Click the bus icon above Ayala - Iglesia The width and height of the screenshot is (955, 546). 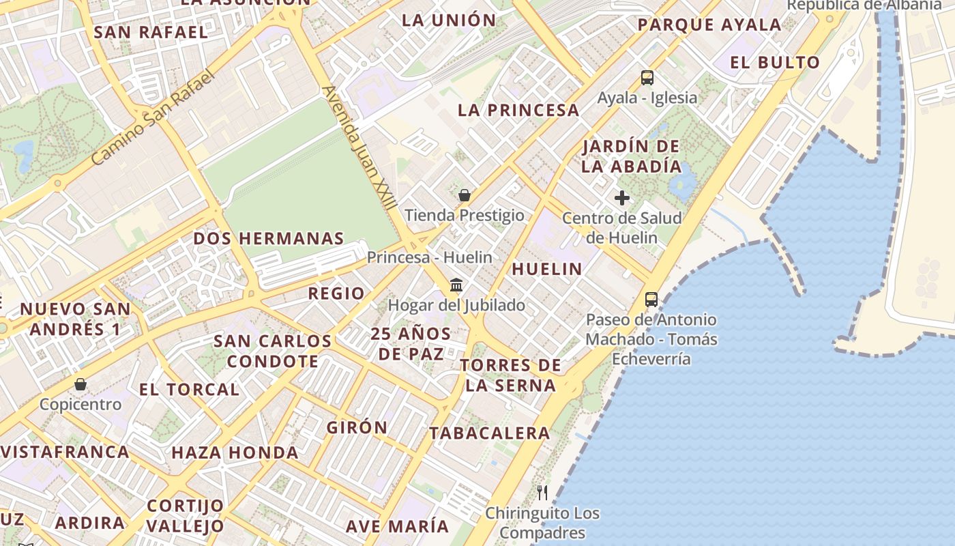tap(647, 78)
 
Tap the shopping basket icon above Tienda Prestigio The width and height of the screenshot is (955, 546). tap(465, 195)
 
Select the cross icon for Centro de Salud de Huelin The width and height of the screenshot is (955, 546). tap(622, 198)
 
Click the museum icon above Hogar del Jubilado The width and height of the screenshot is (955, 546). tap(456, 285)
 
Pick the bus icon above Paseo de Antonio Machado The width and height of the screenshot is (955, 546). tap(651, 299)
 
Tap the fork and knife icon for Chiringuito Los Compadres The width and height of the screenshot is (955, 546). tap(542, 493)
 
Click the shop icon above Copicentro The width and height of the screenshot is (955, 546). tap(80, 384)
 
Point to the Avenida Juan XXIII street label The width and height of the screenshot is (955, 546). tap(359, 146)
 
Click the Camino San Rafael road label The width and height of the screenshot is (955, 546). tap(153, 117)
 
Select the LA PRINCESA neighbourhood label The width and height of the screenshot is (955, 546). tap(518, 110)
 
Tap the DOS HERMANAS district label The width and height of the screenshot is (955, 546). tap(269, 239)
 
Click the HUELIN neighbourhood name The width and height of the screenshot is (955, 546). tap(547, 269)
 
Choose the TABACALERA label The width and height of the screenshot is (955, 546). tap(489, 433)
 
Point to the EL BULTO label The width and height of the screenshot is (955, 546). tap(775, 63)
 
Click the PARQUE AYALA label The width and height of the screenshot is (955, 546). tap(709, 25)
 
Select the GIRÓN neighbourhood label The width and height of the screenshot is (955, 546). tap(357, 428)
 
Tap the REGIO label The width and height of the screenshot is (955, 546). tap(336, 293)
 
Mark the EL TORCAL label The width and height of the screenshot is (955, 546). tap(189, 390)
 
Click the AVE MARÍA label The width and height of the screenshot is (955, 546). tap(397, 526)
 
